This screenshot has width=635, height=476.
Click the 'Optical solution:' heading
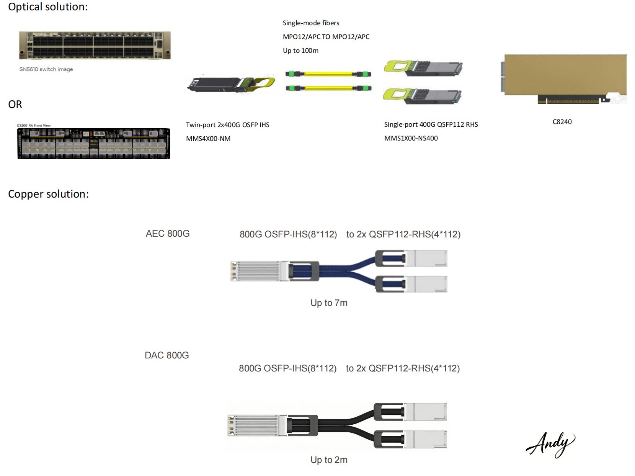point(48,7)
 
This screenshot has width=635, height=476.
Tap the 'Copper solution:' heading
point(48,194)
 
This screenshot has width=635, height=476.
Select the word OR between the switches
point(15,104)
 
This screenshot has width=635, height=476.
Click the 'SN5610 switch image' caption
point(46,69)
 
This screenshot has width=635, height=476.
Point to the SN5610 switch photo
point(95,46)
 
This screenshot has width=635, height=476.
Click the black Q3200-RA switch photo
point(94,144)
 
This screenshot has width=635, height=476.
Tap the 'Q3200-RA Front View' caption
point(34,126)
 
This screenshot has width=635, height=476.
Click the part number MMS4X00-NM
point(208,139)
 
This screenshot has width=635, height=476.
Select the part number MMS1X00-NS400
point(411,138)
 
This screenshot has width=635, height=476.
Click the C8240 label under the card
point(562,122)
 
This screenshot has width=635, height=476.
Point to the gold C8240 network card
point(565,77)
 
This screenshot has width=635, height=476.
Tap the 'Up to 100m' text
point(300,51)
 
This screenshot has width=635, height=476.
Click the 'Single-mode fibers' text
point(311,23)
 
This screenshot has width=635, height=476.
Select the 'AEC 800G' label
point(168,234)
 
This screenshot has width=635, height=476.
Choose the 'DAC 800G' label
point(167,355)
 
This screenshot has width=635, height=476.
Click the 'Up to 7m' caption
point(329,303)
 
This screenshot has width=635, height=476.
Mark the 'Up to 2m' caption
point(329,460)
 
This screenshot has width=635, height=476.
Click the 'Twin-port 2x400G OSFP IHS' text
point(228,125)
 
